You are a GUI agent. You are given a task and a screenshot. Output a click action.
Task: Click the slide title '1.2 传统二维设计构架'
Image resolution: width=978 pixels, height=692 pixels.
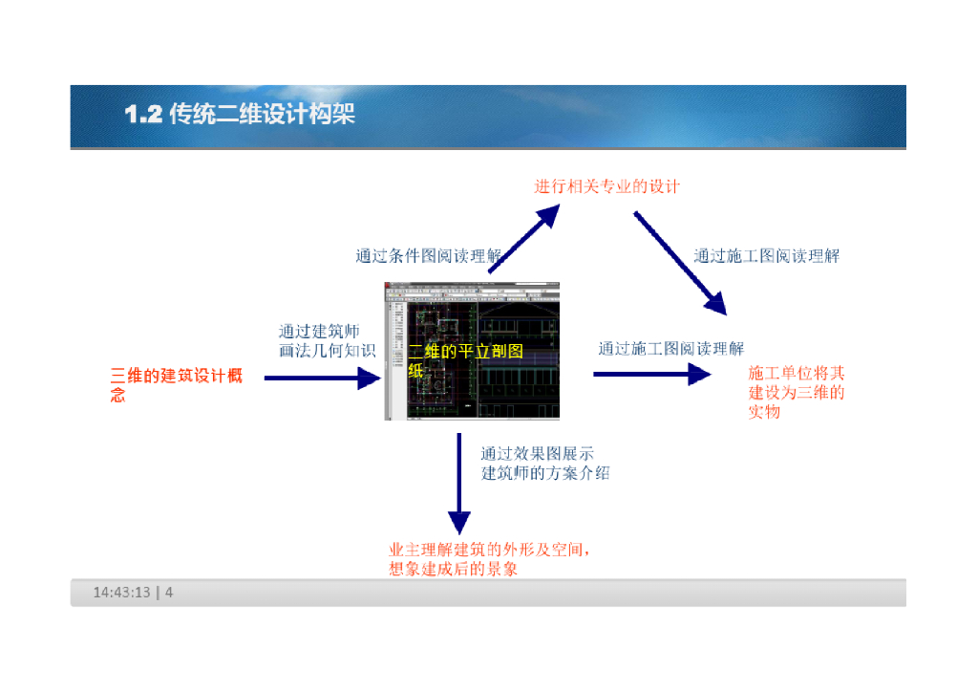[x=240, y=115]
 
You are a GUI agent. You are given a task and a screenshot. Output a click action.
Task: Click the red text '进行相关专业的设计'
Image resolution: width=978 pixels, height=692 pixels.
[x=606, y=186]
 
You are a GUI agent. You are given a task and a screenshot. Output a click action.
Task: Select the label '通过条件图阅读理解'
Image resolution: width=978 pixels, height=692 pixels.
[x=429, y=255]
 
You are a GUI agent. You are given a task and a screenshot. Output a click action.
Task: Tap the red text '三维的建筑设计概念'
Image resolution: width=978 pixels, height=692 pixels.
[x=176, y=384]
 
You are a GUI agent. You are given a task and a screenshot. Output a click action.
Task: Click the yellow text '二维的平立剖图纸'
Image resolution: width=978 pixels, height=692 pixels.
[x=465, y=360]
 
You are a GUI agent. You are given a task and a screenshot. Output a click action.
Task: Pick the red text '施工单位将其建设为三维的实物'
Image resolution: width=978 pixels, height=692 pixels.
[x=796, y=392]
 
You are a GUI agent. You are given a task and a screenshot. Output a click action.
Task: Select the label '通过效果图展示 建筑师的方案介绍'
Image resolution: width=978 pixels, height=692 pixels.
[x=544, y=464]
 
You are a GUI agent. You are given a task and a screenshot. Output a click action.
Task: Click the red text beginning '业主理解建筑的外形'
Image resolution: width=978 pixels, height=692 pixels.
[x=487, y=559]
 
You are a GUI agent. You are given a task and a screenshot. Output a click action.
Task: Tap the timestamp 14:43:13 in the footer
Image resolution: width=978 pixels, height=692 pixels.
[x=121, y=593]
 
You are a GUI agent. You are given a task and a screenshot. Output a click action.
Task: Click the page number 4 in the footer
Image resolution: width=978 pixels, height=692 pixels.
[x=169, y=593]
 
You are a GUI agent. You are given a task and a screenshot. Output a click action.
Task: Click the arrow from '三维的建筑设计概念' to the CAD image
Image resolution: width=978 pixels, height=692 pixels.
[x=322, y=378]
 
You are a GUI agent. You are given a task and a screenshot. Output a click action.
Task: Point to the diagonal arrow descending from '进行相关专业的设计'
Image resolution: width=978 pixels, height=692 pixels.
[x=679, y=262]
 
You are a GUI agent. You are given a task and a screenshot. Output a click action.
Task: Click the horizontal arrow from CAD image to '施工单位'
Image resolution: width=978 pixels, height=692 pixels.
[x=652, y=374]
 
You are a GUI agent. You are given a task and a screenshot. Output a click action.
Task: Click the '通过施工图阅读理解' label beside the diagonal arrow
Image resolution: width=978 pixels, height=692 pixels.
[x=766, y=255]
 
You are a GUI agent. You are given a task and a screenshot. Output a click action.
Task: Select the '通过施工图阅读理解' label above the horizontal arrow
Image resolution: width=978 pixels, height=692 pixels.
[x=670, y=348]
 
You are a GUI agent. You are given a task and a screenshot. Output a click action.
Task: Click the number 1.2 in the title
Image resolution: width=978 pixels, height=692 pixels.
[x=143, y=115]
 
